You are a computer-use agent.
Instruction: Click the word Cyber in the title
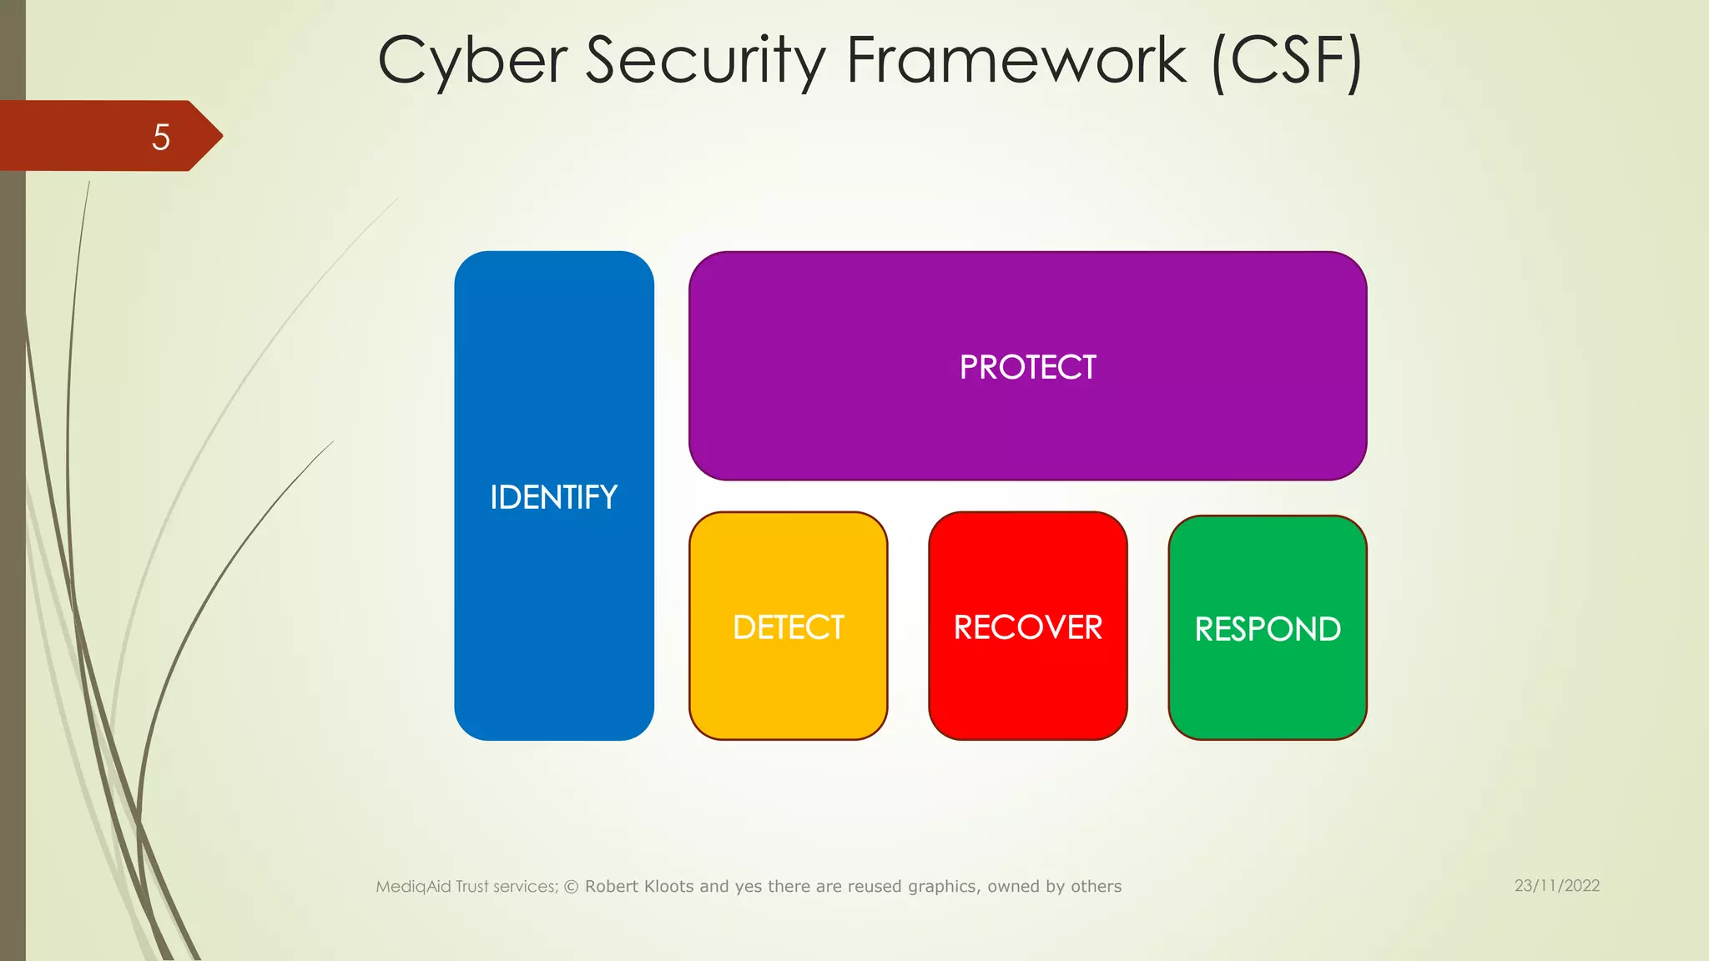[472, 60]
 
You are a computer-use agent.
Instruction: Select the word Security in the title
[705, 60]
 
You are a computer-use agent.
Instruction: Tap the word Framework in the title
[1016, 60]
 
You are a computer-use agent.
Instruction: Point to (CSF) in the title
[1287, 60]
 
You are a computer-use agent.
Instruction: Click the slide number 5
[161, 137]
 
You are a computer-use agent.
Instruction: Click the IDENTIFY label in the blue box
[553, 497]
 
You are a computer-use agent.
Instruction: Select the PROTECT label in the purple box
[1027, 367]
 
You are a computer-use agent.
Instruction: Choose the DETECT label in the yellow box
[789, 627]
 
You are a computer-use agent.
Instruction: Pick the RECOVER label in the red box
[1027, 627]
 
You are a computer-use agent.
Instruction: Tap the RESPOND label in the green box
[1267, 629]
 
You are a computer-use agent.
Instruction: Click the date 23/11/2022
[1557, 885]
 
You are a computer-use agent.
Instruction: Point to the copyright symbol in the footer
[572, 887]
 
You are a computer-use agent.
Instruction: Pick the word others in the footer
[1096, 887]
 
